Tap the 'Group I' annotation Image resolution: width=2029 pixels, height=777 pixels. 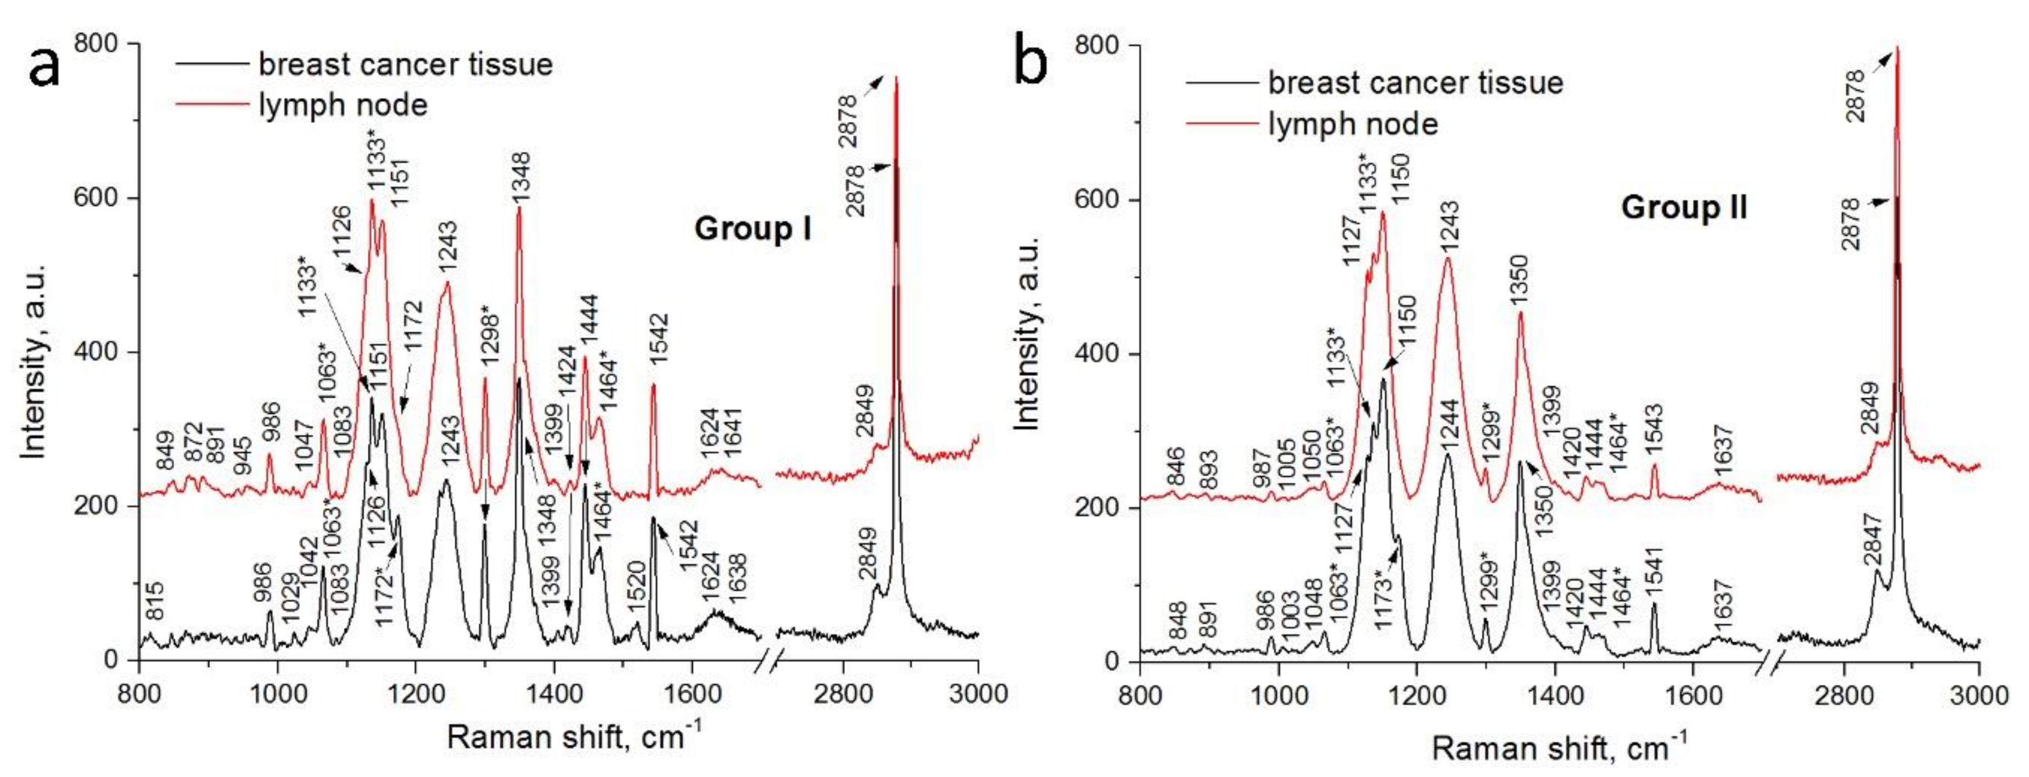pyautogui.click(x=752, y=229)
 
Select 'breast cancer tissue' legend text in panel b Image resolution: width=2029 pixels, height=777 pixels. pyautogui.click(x=1415, y=83)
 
